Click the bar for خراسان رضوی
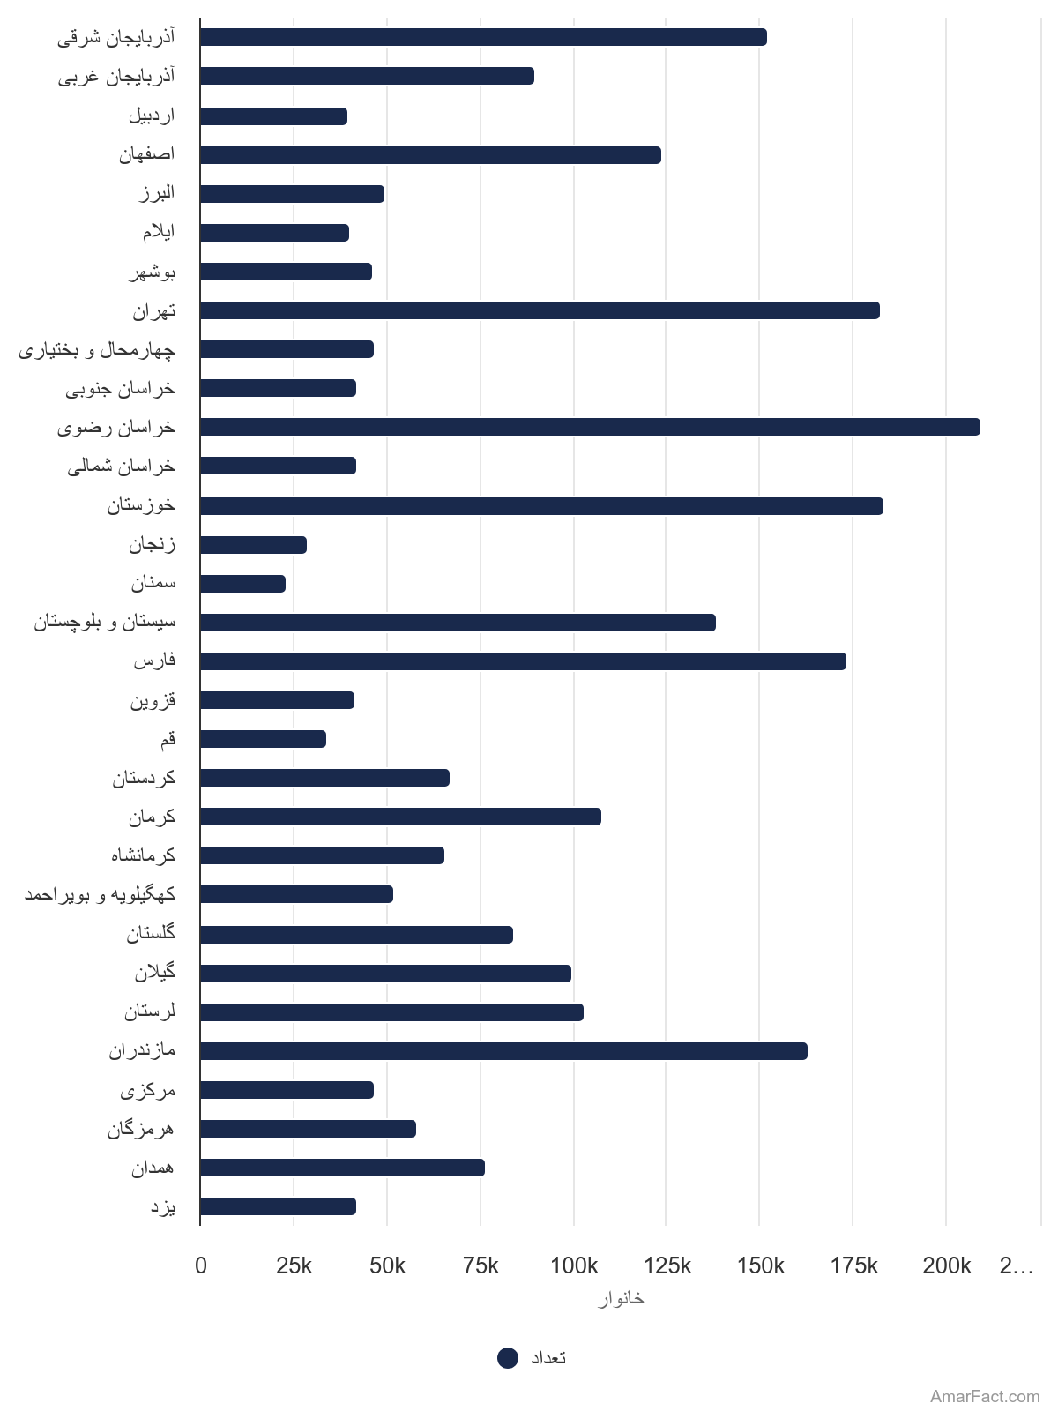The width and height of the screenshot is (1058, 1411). point(590,427)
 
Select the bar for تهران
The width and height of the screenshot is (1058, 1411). point(540,310)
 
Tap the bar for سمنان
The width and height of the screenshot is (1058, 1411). point(242,584)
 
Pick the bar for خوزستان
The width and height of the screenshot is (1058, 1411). point(541,506)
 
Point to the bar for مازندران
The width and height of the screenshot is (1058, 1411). point(503,1051)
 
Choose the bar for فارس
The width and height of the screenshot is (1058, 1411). point(523,661)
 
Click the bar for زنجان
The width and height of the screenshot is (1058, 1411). point(253,545)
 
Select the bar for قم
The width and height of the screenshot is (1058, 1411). point(263,739)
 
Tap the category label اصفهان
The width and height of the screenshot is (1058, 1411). point(147,154)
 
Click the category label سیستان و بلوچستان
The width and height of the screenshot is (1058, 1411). point(105,623)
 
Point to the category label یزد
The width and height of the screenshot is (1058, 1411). point(162,1206)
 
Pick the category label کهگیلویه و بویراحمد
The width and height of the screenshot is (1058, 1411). point(100,894)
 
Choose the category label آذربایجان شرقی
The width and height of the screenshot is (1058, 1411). point(116,38)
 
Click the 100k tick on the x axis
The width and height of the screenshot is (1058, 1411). point(574,1266)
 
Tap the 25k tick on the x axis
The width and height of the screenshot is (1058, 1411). point(294,1266)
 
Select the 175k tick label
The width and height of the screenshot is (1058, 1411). point(853,1266)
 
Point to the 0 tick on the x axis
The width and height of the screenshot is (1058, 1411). point(201,1266)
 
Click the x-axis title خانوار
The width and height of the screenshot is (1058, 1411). point(621,1299)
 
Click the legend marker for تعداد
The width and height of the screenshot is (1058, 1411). point(508,1358)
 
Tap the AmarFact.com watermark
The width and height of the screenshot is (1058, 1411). point(985,1397)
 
